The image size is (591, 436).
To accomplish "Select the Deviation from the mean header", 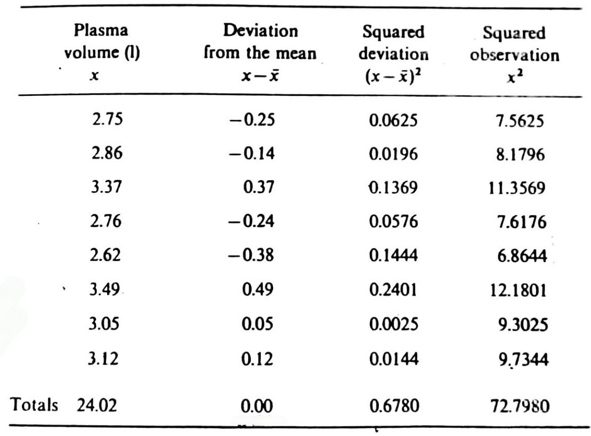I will coord(260,52).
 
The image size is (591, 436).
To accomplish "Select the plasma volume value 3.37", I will coord(106,188).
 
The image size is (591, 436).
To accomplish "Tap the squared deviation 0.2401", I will coord(393,290).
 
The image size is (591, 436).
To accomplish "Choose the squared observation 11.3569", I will coord(516,188).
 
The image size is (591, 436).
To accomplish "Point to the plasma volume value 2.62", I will coord(106,256).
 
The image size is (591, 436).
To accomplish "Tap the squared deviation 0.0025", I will coord(393,324).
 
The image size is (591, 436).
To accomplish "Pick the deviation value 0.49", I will coord(259,290).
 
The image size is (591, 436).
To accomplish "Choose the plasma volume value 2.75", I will coord(106,120).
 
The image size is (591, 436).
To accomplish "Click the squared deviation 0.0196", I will coord(393,154).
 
